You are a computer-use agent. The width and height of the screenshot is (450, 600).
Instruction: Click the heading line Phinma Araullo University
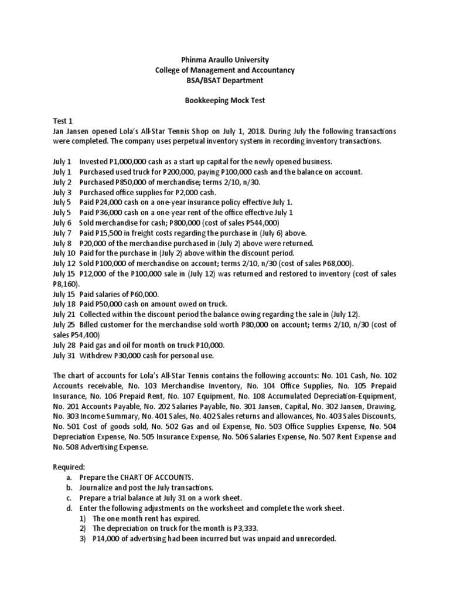point(226,60)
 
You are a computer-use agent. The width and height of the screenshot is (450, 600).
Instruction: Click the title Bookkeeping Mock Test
point(226,100)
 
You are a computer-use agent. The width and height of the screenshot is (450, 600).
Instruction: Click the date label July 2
point(62,182)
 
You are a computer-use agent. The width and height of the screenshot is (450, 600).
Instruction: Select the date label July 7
point(62,233)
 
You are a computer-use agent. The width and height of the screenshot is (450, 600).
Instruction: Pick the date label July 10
point(64,253)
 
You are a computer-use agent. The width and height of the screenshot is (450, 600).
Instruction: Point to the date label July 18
point(64,304)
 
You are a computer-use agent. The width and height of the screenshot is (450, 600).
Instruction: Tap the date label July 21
point(64,314)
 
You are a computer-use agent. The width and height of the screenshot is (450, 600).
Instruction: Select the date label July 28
point(64,345)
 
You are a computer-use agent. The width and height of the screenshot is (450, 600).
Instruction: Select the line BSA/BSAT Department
point(226,80)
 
